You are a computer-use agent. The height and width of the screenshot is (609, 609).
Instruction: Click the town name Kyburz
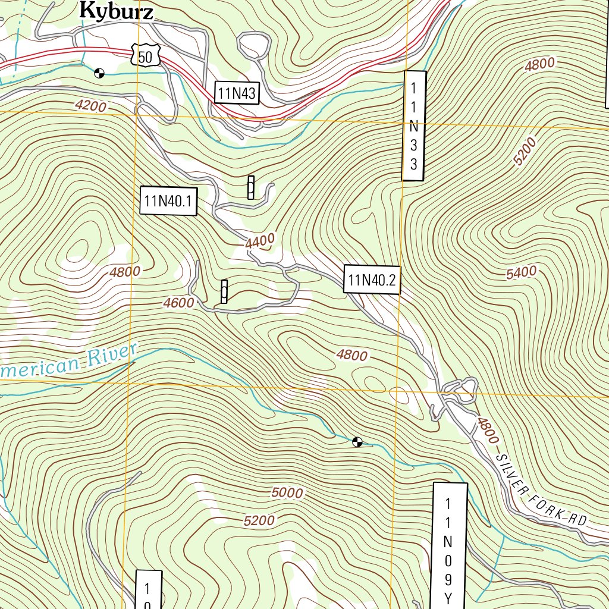coord(116,11)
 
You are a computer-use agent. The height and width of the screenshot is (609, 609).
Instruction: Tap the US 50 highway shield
coord(143,56)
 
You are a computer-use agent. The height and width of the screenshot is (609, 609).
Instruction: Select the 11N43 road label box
coord(237,93)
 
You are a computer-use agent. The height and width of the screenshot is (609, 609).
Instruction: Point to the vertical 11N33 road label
coord(414,125)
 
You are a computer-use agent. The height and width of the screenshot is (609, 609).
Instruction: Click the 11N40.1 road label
coord(168,201)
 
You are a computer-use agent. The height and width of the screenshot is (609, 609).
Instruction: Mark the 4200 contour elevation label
coord(91,106)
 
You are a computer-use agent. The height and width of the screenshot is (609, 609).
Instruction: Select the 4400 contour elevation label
coord(260,241)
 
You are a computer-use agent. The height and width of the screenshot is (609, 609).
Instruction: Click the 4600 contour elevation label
coord(178,303)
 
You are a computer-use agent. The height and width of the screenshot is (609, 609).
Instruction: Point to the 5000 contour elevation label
coord(287,492)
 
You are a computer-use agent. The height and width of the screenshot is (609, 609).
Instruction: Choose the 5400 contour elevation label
coord(522,273)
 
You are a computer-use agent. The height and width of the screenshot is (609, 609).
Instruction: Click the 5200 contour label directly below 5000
coord(259,520)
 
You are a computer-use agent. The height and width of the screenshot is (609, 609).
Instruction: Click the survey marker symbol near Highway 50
coord(99,73)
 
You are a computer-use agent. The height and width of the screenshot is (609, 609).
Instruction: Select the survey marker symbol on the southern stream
coord(357,441)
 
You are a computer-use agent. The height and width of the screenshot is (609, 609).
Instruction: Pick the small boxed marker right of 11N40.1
coord(251,187)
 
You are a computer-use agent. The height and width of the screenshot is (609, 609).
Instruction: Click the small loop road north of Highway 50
coord(254,45)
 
